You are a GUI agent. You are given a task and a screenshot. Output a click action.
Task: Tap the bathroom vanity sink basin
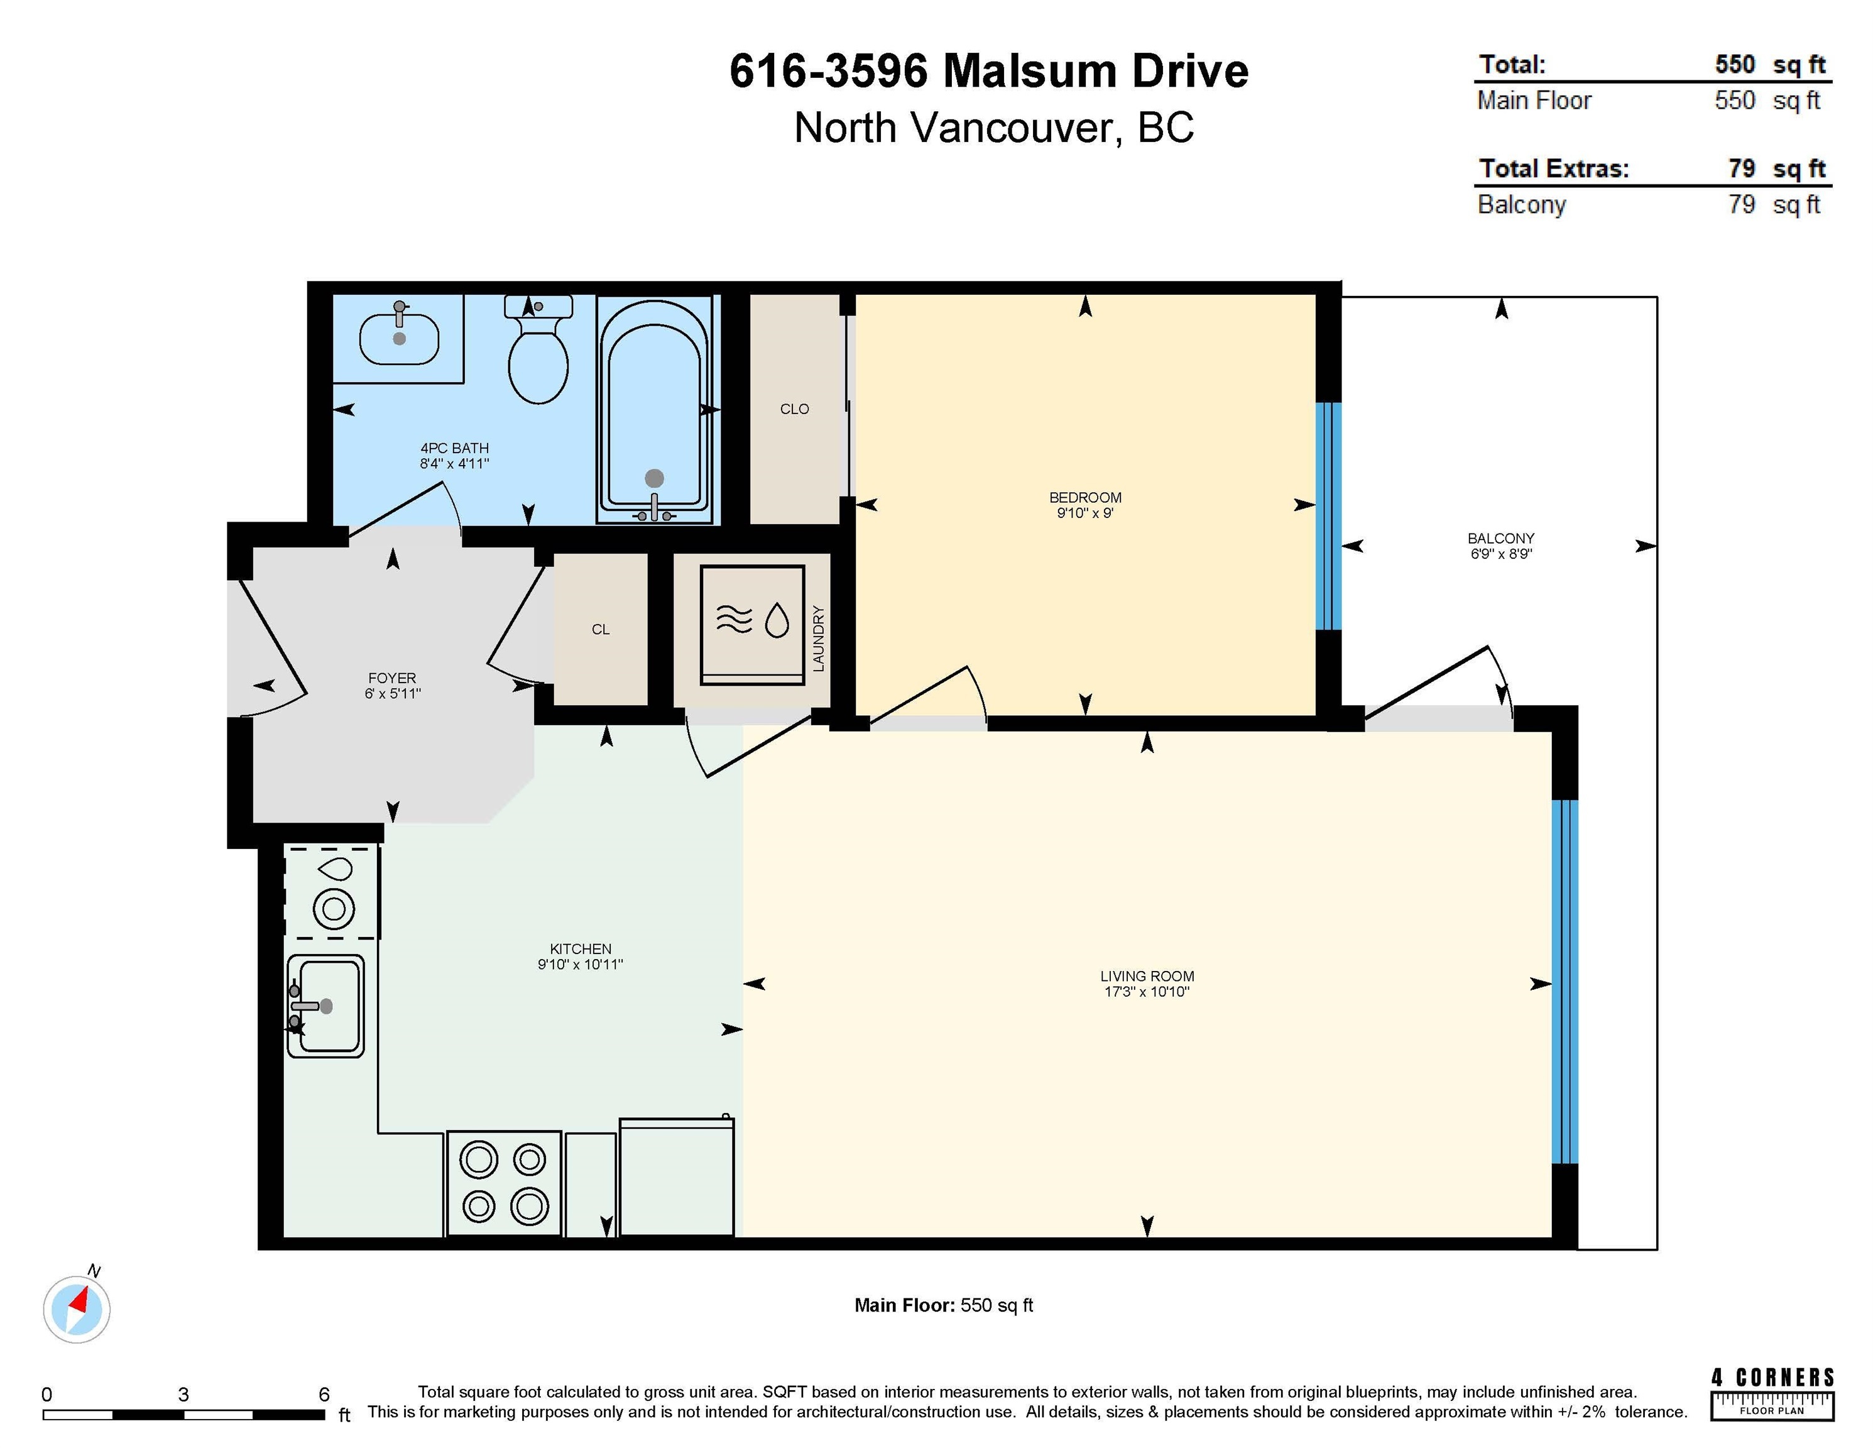(399, 339)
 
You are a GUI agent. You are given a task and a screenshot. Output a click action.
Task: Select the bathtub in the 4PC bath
(654, 410)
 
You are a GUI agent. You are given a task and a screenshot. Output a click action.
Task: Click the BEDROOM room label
(1085, 498)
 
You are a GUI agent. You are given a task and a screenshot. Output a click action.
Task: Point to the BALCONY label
(1501, 539)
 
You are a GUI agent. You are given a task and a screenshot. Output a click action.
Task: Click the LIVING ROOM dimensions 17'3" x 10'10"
(1147, 992)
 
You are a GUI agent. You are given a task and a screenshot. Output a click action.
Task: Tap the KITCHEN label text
(581, 949)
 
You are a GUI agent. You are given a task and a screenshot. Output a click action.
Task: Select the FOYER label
(392, 677)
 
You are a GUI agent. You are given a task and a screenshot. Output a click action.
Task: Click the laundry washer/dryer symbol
(752, 623)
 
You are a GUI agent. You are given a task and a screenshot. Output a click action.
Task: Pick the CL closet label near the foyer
(600, 630)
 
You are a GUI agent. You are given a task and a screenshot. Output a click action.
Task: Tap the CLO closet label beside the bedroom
(794, 409)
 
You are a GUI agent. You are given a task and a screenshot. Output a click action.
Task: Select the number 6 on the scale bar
(324, 1394)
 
